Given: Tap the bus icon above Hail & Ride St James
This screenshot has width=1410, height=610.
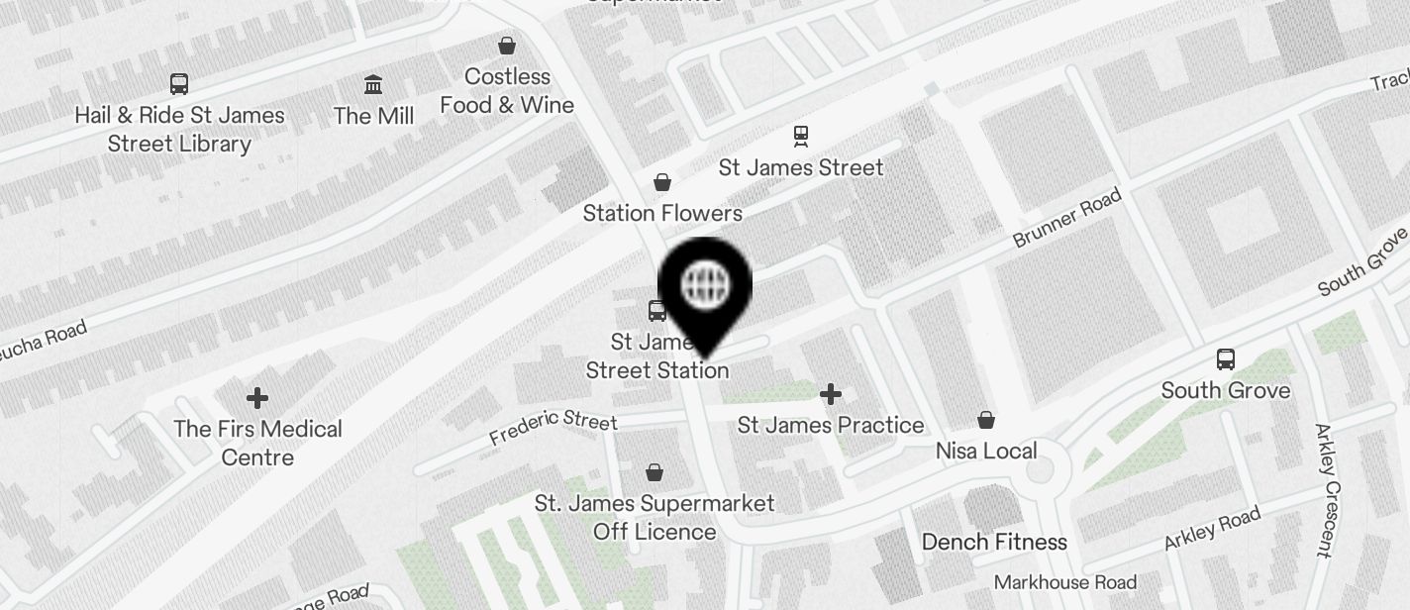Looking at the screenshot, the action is (x=179, y=84).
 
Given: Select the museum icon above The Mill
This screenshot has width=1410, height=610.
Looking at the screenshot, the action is (x=373, y=85).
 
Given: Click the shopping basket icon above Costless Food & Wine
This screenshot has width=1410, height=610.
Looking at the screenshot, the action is (x=507, y=46).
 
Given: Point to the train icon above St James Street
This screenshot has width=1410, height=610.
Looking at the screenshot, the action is (x=800, y=136).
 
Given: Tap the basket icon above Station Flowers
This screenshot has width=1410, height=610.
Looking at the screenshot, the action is (x=662, y=182).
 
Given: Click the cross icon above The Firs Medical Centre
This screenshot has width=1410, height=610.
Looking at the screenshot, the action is (x=257, y=398).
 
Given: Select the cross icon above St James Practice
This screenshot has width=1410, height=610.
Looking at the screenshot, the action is (x=831, y=395).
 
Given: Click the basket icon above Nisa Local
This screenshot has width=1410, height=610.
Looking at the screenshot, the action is (x=986, y=420).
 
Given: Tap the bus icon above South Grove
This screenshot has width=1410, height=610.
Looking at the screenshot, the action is (x=1226, y=359).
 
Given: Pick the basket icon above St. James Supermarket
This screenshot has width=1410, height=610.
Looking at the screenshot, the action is (x=655, y=472).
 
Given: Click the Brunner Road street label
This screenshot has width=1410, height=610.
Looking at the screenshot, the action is (x=1066, y=219).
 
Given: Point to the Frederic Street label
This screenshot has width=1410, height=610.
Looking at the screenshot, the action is (x=553, y=428).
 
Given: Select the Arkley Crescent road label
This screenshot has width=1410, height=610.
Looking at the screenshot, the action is (x=1328, y=489).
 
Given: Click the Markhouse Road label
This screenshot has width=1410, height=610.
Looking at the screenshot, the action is (x=1065, y=581).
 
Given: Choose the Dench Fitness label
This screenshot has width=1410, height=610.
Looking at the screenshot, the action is (x=994, y=542).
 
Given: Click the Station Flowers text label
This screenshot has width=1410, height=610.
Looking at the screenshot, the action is (x=662, y=213).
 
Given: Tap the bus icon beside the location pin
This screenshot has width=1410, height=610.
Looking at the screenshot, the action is (x=657, y=311).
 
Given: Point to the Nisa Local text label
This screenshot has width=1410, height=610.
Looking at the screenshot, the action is (x=986, y=451).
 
